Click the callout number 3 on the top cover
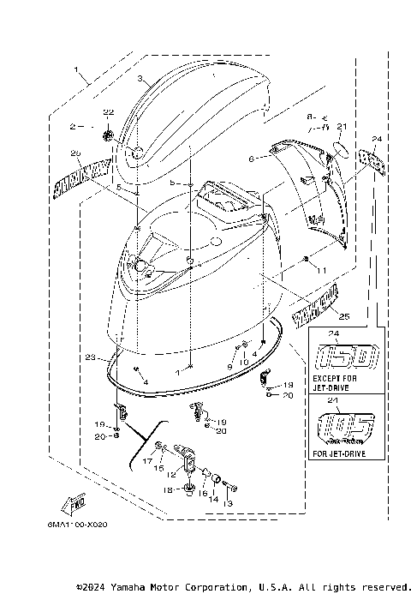click(x=139, y=78)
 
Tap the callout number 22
click(x=108, y=113)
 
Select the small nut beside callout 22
click(x=108, y=133)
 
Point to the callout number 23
click(x=89, y=358)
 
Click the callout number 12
click(x=171, y=475)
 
